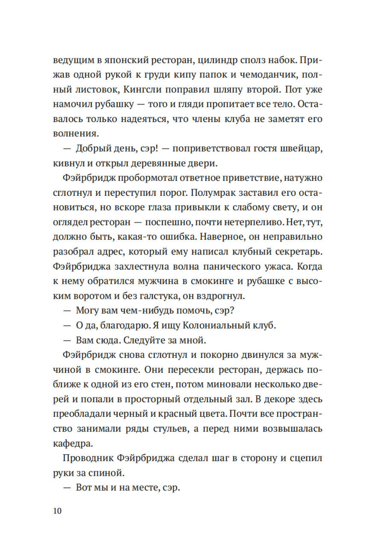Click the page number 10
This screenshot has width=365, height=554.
point(57,511)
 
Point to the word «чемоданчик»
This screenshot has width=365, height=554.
point(272,74)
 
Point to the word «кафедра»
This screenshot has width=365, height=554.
point(73,444)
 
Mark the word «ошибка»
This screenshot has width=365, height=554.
point(176,237)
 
